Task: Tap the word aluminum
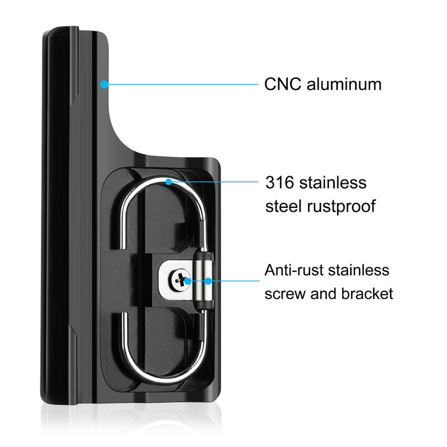pos(344,84)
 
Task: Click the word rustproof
pos(341,207)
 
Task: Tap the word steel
pos(283,206)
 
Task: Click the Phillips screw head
pos(179,280)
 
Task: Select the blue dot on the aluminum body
pos(104,84)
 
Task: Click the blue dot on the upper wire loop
pos(169,182)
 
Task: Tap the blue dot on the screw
pos(188,281)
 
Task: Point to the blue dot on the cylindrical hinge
pos(208,281)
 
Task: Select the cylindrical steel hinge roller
pos(203,281)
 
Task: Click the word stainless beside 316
pos(332,183)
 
